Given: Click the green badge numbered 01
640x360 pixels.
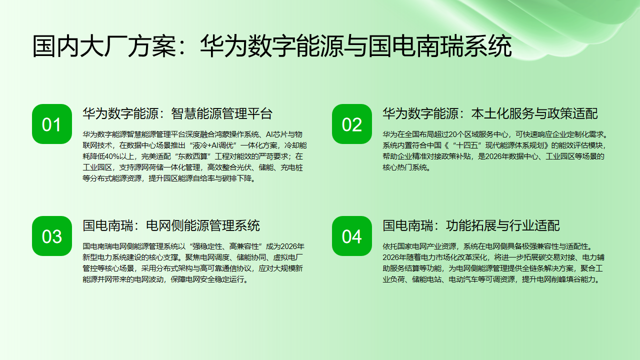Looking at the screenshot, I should point(51,123).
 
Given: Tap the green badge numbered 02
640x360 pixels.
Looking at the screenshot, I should point(352,123).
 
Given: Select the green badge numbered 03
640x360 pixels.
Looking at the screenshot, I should point(51,235).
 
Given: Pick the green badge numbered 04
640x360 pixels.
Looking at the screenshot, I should point(352,235).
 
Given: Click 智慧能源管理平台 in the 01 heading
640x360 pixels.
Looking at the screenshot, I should point(222,113).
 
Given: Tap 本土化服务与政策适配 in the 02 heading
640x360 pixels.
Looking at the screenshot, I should point(534,113).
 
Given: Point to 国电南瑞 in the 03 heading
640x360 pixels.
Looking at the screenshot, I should point(106,225).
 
